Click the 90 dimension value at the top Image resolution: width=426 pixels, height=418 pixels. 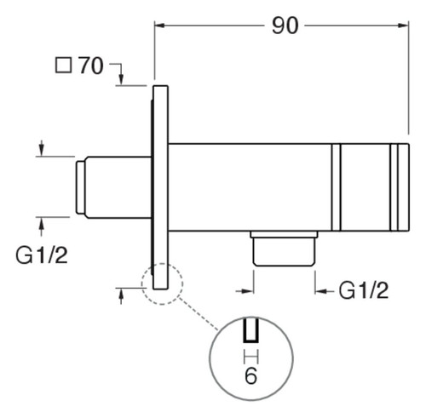(285, 26)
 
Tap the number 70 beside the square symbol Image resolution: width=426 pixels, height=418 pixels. (90, 66)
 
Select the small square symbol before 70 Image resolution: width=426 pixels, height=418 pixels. (63, 66)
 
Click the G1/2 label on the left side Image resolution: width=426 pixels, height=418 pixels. (42, 255)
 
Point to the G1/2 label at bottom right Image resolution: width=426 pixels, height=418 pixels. (364, 290)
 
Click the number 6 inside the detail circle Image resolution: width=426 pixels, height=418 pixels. (251, 375)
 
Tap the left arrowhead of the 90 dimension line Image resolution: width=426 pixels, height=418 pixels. (160, 26)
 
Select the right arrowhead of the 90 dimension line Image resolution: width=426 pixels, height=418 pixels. (403, 26)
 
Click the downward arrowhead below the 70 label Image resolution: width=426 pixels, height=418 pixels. (121, 79)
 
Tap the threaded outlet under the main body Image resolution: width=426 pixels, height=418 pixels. (284, 249)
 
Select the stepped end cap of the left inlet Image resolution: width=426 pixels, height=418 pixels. (80, 187)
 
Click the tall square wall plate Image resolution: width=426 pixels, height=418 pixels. (160, 187)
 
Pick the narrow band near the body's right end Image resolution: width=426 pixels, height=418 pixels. (394, 187)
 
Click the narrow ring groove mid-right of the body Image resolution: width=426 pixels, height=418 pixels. (336, 187)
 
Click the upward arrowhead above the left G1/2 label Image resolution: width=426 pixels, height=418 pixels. (42, 223)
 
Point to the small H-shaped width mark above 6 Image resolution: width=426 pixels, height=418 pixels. (251, 357)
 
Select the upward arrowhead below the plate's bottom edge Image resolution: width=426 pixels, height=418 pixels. (121, 294)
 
